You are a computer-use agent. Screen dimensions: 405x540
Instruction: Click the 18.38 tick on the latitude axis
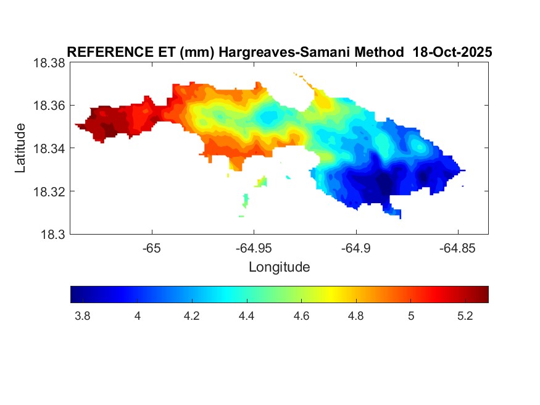click(x=49, y=63)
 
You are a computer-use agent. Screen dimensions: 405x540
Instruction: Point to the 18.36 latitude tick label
click(x=49, y=106)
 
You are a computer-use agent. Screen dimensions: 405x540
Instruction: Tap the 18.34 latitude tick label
click(x=49, y=148)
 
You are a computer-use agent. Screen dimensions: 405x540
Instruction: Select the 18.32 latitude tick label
click(x=49, y=191)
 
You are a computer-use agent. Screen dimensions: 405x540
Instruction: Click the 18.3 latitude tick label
click(x=52, y=234)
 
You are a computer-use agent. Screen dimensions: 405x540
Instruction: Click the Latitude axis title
click(x=20, y=148)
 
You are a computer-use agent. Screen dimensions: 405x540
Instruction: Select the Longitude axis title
click(x=279, y=267)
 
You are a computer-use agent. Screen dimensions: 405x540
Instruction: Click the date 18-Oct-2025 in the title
click(x=452, y=52)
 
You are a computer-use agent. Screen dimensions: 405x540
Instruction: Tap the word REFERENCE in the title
click(x=104, y=52)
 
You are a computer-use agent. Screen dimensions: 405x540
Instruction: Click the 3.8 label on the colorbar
click(x=82, y=316)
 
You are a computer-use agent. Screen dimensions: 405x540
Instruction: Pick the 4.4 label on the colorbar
click(x=246, y=316)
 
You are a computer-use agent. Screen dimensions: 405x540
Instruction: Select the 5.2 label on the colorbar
click(x=465, y=316)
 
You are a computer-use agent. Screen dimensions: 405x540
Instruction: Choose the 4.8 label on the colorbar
click(x=355, y=316)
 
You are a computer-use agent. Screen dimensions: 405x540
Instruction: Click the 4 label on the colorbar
click(x=137, y=316)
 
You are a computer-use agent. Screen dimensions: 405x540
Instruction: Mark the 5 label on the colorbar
click(x=410, y=316)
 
